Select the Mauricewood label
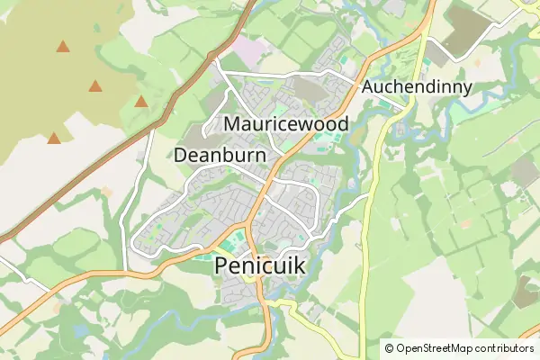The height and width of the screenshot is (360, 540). click(287, 122)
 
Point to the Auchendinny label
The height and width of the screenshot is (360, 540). click(417, 88)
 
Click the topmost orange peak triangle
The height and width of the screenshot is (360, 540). click(63, 47)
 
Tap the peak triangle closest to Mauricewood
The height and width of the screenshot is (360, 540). click(141, 102)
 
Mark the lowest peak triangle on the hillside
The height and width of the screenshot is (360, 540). click(54, 139)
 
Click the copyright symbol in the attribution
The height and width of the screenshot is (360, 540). click(389, 348)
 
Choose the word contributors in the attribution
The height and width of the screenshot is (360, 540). click(505, 348)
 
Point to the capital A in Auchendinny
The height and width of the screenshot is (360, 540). click(369, 88)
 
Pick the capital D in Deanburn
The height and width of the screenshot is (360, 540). click(180, 155)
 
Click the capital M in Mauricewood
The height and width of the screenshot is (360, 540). click(232, 122)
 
